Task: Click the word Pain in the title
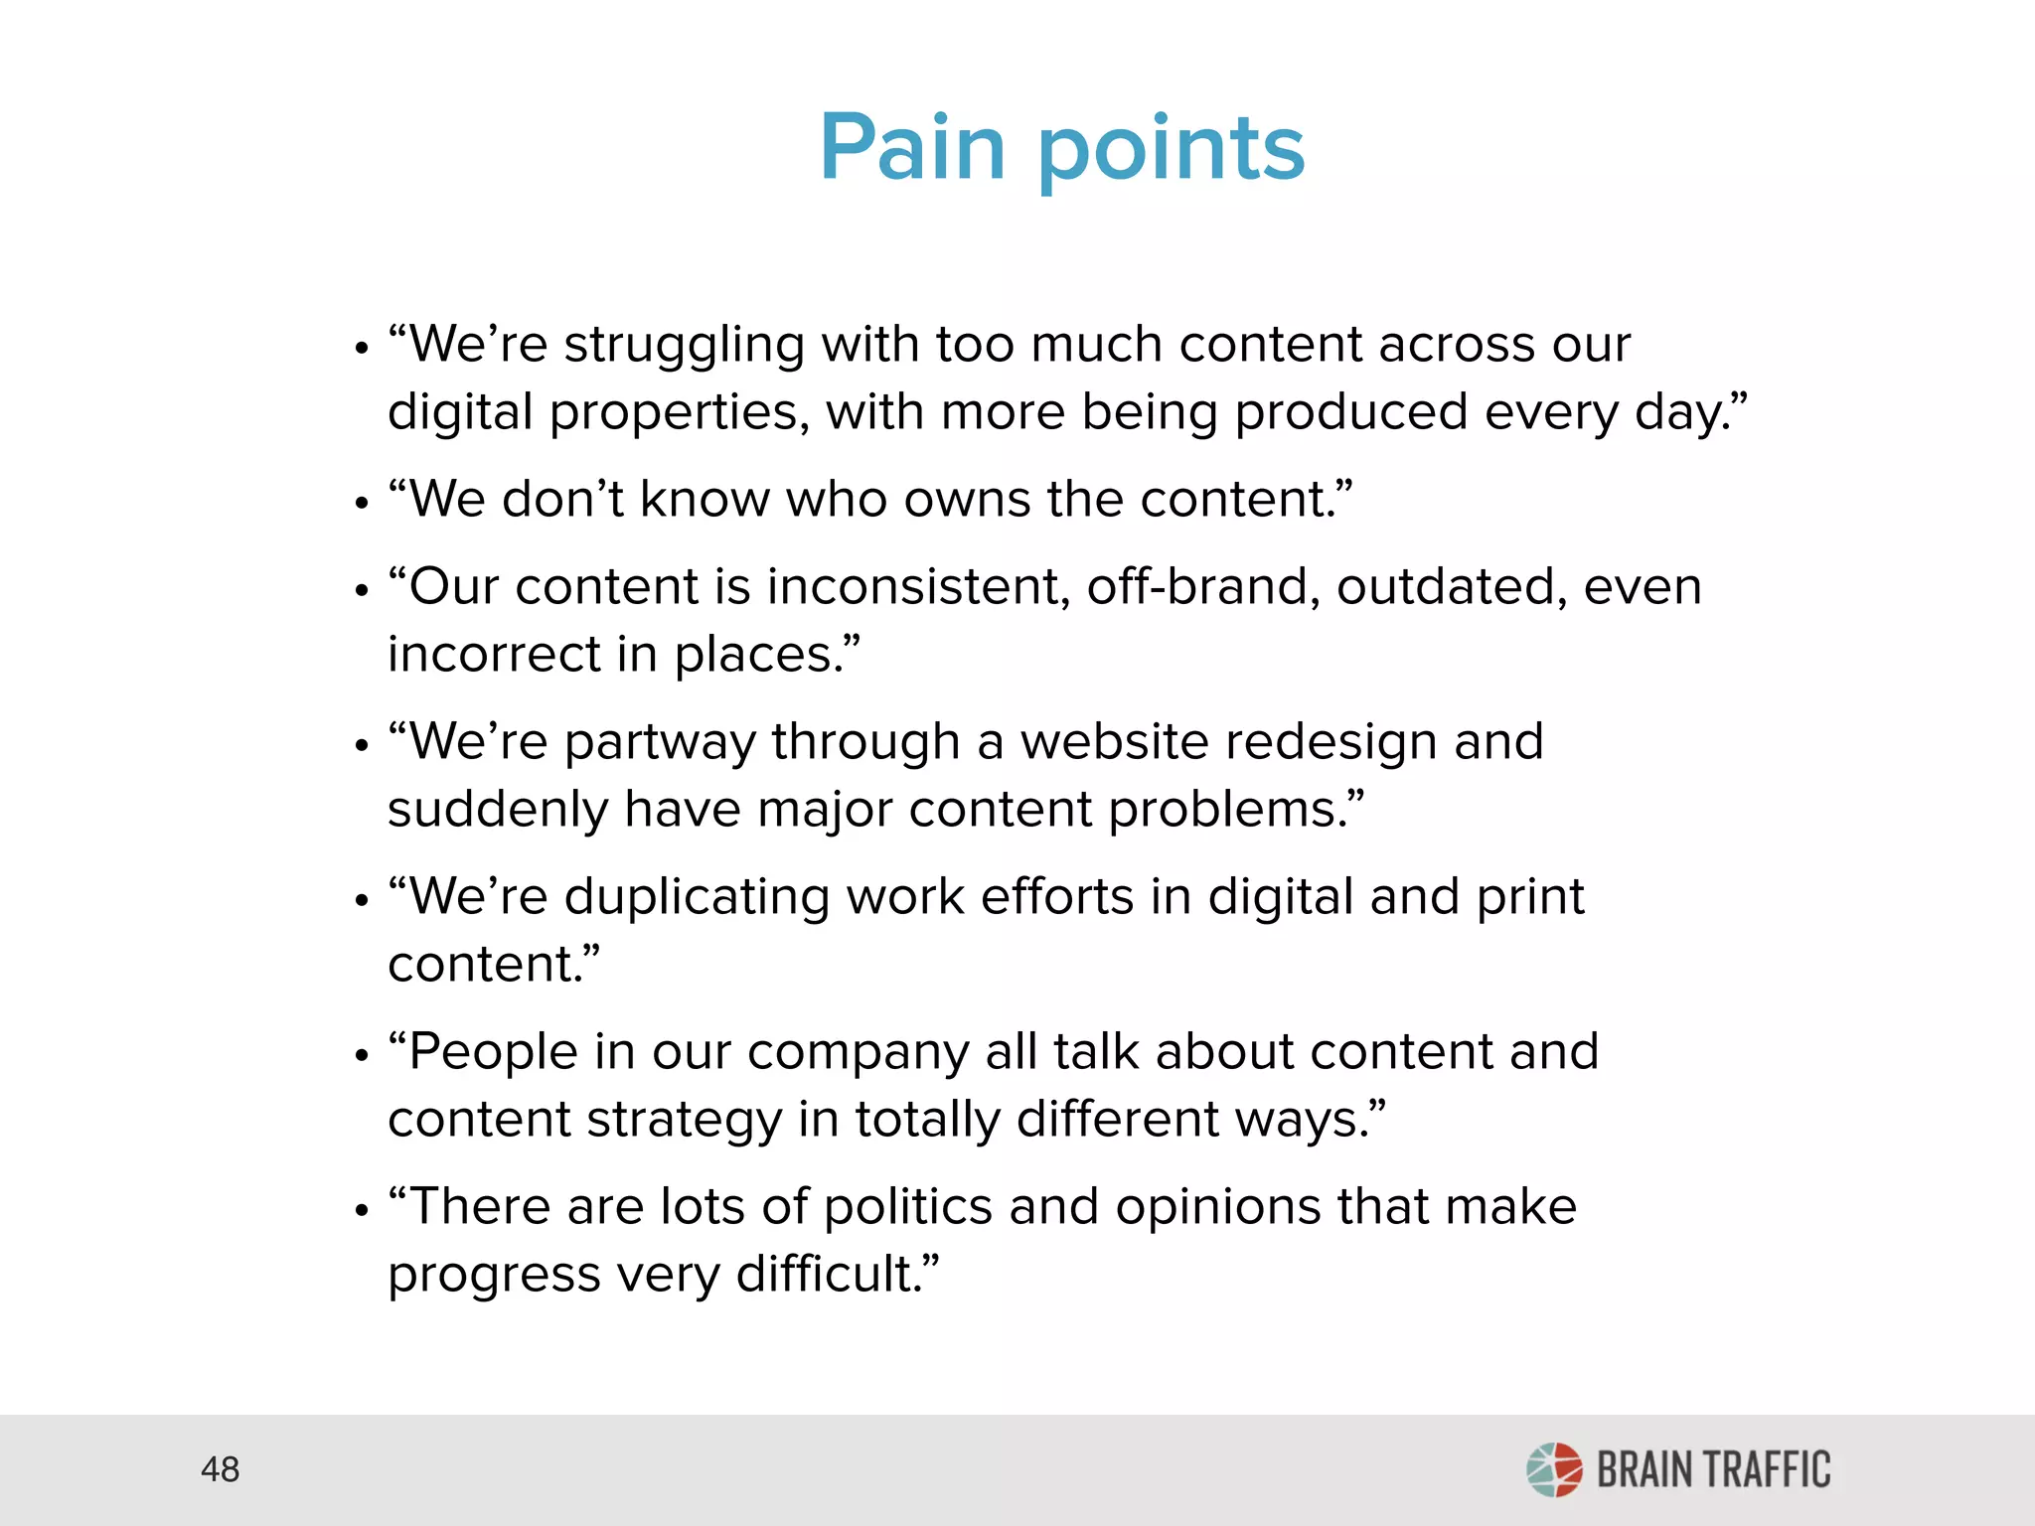pyautogui.click(x=912, y=148)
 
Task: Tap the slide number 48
pyautogui.click(x=220, y=1469)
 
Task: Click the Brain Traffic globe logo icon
pyautogui.click(x=1554, y=1469)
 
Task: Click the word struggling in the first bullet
pyautogui.click(x=684, y=347)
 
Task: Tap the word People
pyautogui.click(x=493, y=1052)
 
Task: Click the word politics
pyautogui.click(x=907, y=1208)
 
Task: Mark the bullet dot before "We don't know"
pyautogui.click(x=362, y=503)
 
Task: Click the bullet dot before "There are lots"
pyautogui.click(x=362, y=1211)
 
